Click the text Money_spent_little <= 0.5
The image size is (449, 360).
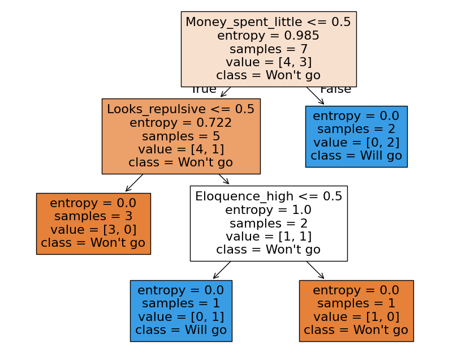[x=268, y=22]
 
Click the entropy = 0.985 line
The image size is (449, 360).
[x=268, y=36]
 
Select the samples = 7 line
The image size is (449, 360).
[x=268, y=49]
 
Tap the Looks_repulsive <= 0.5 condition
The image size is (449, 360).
[x=181, y=109]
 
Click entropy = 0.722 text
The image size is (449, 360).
[x=181, y=123]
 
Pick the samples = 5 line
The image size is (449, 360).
[x=181, y=136]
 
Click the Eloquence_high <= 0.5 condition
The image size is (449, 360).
[x=269, y=196]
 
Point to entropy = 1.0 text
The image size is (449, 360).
[x=269, y=210]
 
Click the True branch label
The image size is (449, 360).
[x=204, y=89]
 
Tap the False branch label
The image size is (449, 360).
[x=335, y=89]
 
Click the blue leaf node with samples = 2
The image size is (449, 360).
[x=356, y=136]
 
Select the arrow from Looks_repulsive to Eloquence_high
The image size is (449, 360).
[x=224, y=179]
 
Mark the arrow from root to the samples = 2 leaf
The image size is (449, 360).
[x=316, y=96]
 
